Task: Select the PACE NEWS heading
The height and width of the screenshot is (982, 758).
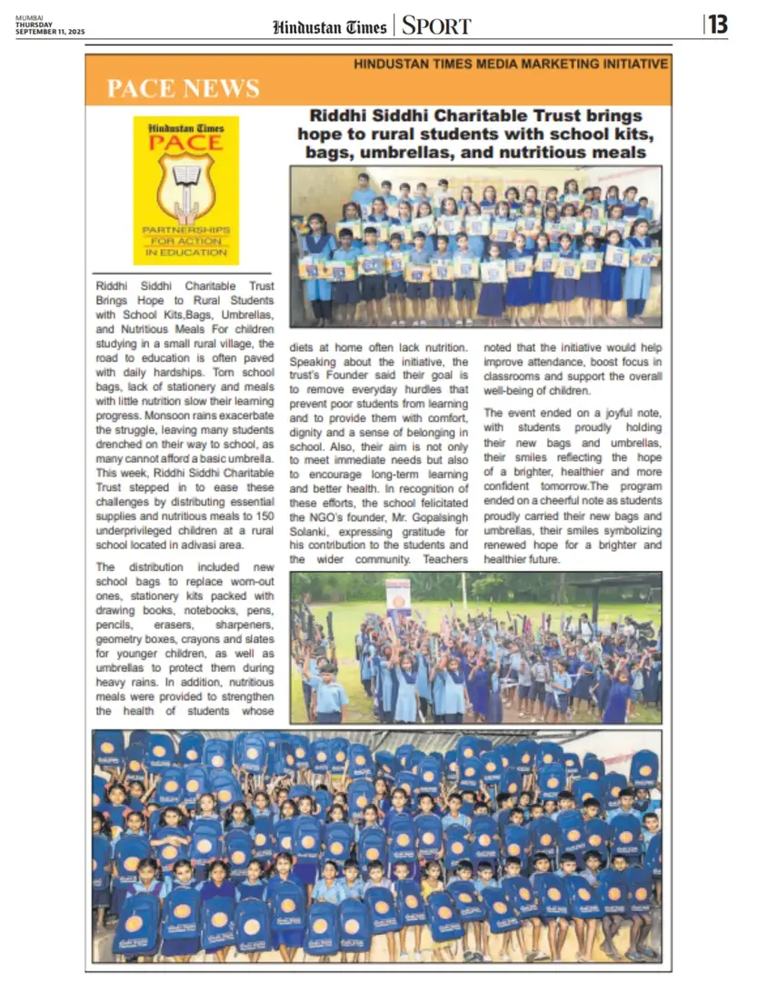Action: [x=183, y=88]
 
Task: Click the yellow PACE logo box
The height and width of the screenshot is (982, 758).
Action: [x=185, y=189]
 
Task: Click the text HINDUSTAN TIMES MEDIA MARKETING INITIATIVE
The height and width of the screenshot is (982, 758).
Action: [x=511, y=64]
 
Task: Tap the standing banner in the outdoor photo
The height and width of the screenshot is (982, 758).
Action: [x=398, y=598]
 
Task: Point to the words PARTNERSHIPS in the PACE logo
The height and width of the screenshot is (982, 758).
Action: [x=185, y=230]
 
